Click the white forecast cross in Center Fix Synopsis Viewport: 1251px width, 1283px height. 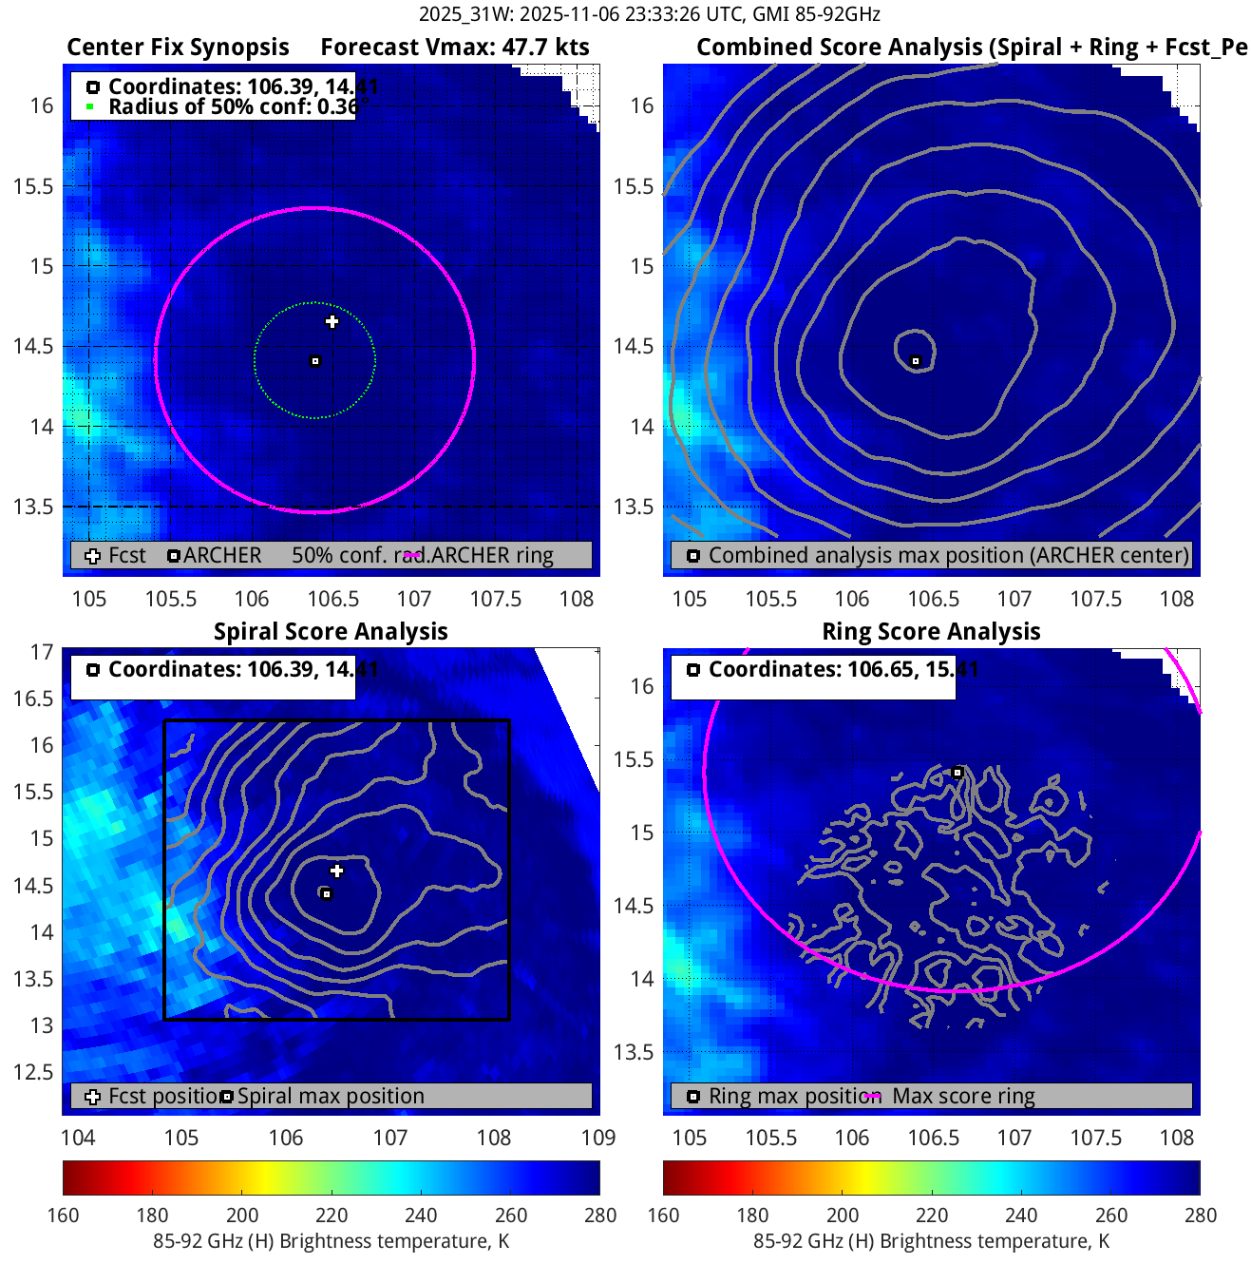tap(332, 321)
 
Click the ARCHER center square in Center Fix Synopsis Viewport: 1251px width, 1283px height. tap(315, 361)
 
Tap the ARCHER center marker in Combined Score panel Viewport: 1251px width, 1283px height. tap(916, 361)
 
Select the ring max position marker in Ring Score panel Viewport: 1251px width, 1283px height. tap(957, 773)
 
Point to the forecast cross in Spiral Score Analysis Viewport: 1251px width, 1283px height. tap(336, 871)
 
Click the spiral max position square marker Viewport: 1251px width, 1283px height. tap(326, 893)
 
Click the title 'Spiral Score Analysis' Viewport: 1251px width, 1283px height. tap(331, 631)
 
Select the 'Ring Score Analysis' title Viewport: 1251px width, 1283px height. tap(931, 631)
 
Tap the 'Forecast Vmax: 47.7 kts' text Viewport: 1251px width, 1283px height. tap(454, 48)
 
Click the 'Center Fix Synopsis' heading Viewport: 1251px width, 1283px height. tap(178, 48)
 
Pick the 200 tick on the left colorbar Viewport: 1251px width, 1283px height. tap(242, 1215)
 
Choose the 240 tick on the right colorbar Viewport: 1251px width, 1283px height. tap(1021, 1215)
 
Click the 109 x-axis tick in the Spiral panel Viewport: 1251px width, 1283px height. tap(598, 1138)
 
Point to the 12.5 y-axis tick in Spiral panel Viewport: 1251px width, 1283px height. tap(33, 1072)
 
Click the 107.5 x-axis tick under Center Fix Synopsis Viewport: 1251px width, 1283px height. tap(496, 599)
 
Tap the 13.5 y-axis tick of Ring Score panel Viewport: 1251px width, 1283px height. tap(634, 1052)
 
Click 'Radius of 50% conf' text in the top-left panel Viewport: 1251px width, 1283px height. tap(232, 106)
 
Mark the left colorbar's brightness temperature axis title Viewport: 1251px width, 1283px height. tap(331, 1241)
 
